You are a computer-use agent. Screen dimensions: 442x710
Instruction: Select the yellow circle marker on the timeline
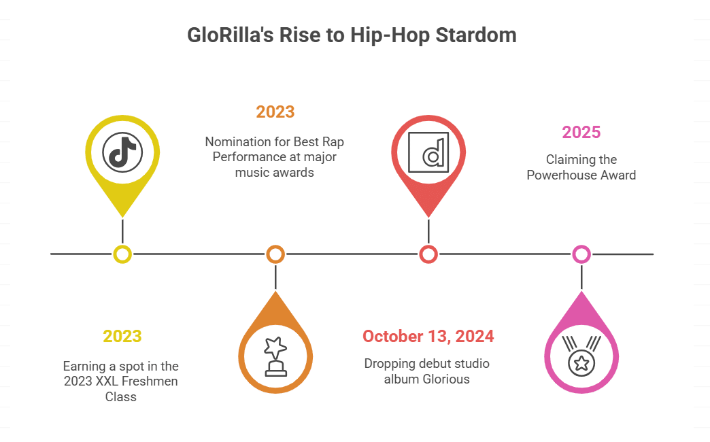click(122, 254)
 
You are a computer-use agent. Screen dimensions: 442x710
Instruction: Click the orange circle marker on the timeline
click(275, 254)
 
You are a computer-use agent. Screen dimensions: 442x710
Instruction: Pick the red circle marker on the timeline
click(428, 254)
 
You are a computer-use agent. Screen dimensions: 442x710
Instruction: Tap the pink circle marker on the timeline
click(581, 254)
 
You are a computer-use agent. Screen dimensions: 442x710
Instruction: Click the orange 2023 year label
click(275, 112)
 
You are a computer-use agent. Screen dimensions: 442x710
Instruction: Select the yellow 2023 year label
click(122, 336)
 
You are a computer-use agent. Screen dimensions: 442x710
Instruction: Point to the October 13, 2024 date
click(428, 336)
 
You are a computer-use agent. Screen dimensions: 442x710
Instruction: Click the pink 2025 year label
click(581, 133)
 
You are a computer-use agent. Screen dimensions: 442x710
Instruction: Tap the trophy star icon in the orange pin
click(275, 356)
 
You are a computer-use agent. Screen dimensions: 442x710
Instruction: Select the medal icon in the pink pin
click(581, 356)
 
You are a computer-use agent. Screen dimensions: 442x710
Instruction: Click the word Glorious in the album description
click(446, 379)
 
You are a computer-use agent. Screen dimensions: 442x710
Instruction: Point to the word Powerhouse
click(561, 175)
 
